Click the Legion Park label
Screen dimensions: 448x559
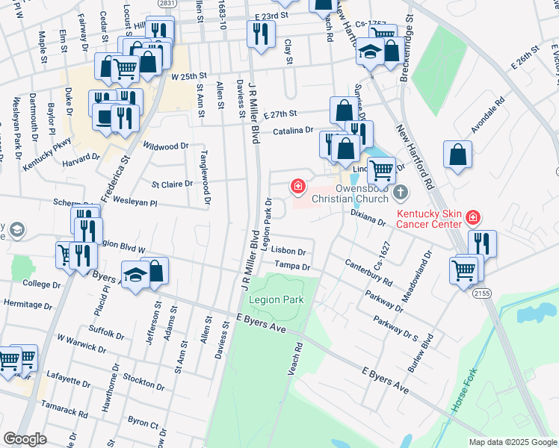point(277,299)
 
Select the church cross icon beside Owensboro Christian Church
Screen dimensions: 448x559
point(401,193)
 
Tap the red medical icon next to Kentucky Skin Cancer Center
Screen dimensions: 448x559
point(472,217)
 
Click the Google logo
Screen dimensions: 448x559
point(25,439)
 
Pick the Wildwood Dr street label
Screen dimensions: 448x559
point(166,147)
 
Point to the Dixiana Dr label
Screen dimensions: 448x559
point(367,217)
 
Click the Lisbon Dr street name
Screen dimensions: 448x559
point(289,252)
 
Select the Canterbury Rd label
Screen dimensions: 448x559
point(368,273)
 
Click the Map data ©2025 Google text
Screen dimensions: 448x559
point(512,441)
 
